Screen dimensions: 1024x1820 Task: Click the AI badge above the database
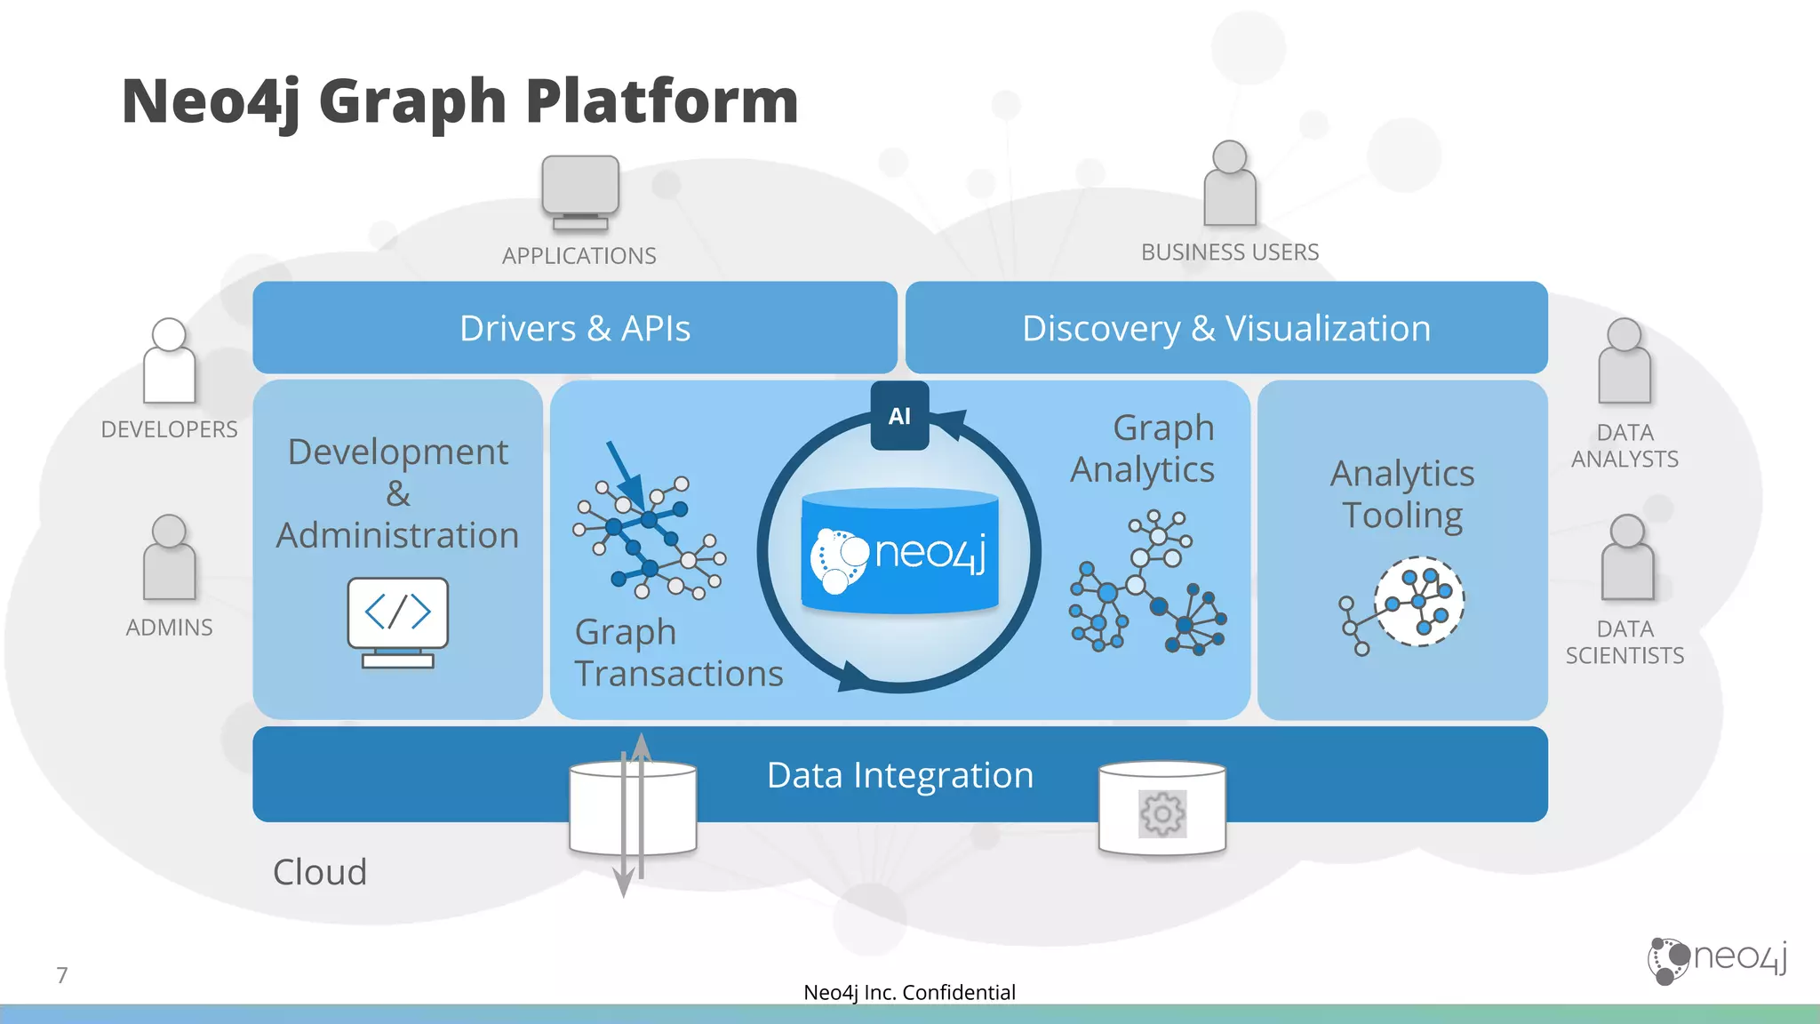point(899,416)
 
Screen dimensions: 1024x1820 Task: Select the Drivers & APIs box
point(575,328)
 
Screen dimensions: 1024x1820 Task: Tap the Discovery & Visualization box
point(1226,328)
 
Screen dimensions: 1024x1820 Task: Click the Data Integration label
point(899,775)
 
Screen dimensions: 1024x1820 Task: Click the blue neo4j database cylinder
point(899,551)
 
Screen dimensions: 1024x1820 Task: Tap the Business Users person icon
point(1230,184)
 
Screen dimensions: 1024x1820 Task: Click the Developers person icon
point(169,361)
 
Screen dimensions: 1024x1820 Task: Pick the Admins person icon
point(169,557)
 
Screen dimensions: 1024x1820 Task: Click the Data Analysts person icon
point(1624,361)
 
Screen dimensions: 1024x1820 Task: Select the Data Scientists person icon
point(1627,557)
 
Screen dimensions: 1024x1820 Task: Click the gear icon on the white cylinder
point(1162,813)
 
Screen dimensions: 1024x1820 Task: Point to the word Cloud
point(320,872)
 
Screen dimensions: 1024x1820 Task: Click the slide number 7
point(62,975)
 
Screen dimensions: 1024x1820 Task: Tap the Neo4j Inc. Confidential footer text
point(909,992)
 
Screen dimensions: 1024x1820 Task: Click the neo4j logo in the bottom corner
point(1717,959)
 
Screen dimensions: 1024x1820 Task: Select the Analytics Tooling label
point(1402,494)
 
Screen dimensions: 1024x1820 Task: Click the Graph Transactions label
point(678,653)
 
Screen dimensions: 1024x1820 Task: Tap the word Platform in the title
point(662,100)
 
